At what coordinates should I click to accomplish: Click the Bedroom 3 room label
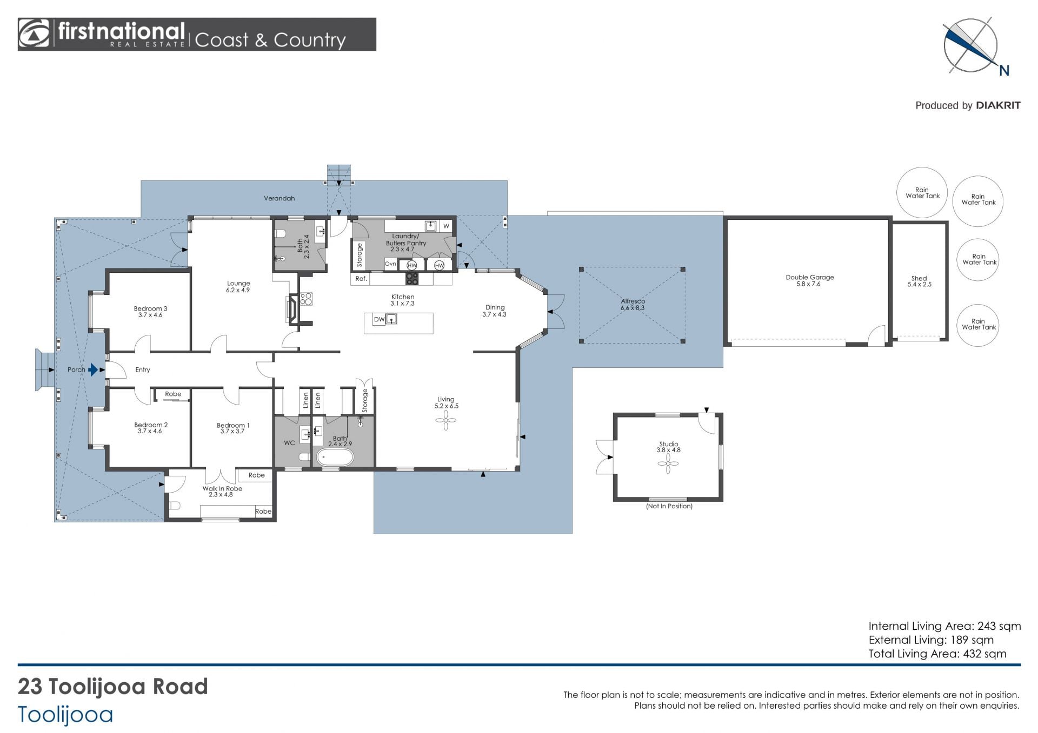point(150,308)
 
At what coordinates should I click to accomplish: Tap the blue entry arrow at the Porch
point(94,369)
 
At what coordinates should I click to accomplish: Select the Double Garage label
point(810,277)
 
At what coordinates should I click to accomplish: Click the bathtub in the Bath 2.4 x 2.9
point(335,458)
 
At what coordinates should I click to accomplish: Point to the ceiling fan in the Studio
point(668,463)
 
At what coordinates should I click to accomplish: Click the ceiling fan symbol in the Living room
point(445,420)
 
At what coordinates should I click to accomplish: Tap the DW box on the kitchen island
point(380,319)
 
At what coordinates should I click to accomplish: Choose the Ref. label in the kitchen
point(361,279)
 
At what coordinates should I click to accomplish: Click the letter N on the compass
point(1004,70)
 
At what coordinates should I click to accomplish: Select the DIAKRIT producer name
point(998,105)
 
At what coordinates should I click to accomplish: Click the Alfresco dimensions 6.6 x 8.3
point(633,308)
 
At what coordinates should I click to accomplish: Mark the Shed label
point(919,278)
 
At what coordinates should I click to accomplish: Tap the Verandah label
point(279,198)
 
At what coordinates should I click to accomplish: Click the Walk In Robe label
point(222,488)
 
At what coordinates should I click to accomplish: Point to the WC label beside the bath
point(289,443)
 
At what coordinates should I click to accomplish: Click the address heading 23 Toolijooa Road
point(113,687)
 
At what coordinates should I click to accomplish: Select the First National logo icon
point(34,34)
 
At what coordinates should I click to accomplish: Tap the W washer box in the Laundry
point(446,226)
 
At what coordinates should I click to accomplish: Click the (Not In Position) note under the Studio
point(669,506)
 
